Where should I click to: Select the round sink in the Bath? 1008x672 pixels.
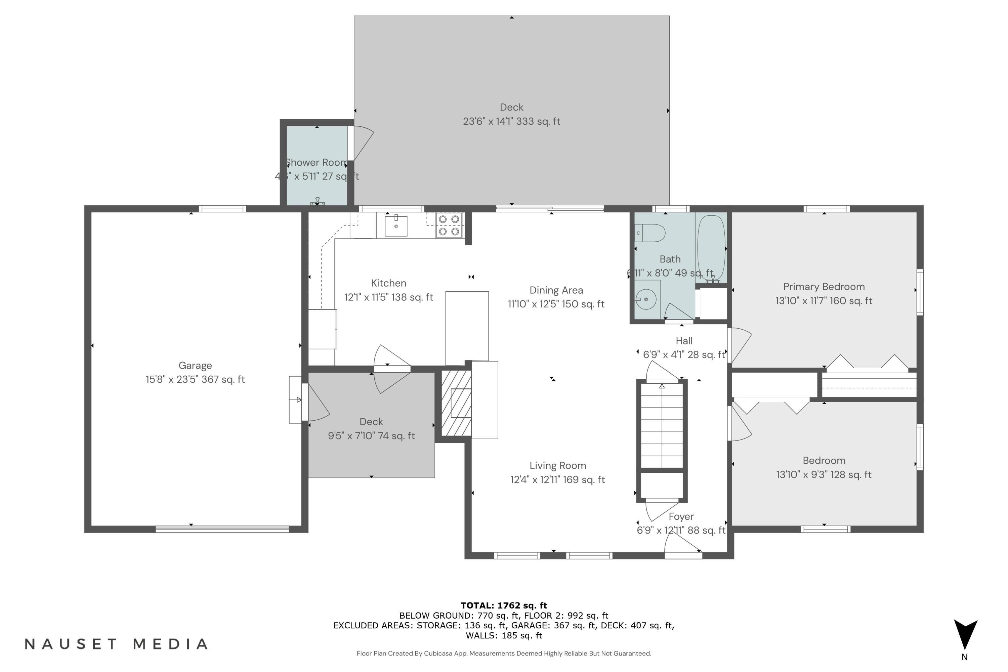pyautogui.click(x=646, y=299)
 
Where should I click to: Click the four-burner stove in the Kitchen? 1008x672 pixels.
pyautogui.click(x=449, y=225)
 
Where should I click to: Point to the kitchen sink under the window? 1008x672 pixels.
pyautogui.click(x=396, y=226)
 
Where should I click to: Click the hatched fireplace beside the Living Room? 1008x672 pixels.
pyautogui.click(x=456, y=403)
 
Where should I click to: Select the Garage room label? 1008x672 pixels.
pyautogui.click(x=195, y=366)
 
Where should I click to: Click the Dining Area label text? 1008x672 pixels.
pyautogui.click(x=556, y=290)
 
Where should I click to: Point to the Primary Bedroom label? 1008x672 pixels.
pyautogui.click(x=824, y=287)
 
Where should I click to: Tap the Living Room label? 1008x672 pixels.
pyautogui.click(x=557, y=466)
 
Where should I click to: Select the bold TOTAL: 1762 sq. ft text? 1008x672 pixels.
pyautogui.click(x=504, y=605)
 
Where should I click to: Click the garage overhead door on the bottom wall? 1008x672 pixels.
pyautogui.click(x=222, y=529)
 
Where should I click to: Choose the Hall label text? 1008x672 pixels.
pyautogui.click(x=684, y=341)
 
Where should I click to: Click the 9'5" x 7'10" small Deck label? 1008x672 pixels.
pyautogui.click(x=371, y=429)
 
